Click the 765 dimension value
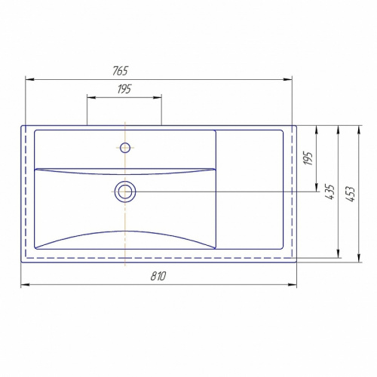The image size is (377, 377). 121,71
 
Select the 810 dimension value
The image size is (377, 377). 158,276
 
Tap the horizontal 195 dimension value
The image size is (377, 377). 124,89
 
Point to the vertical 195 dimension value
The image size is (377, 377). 308,158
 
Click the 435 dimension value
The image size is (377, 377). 329,192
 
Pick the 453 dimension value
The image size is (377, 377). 350,194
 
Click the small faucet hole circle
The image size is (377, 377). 125,148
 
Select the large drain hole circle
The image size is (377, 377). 125,192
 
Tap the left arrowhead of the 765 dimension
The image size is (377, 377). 29,79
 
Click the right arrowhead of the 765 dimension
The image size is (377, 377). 288,79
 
